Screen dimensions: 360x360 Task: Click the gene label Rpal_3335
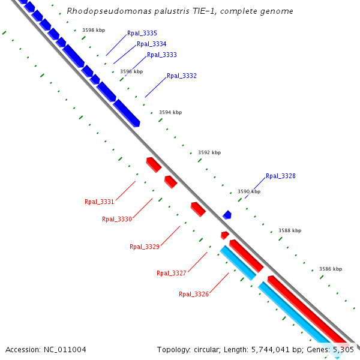pos(142,34)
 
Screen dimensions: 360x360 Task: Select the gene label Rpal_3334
pos(151,44)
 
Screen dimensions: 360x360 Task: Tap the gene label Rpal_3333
pos(161,55)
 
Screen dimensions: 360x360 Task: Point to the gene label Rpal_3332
pos(181,76)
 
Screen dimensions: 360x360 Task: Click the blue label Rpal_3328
pos(280,176)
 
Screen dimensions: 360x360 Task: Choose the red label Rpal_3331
pos(100,202)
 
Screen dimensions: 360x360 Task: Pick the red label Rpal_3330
pos(117,220)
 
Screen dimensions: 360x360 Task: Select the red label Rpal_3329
pos(145,247)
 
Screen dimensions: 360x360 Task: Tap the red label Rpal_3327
pos(172,274)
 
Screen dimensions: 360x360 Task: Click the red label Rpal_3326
pos(194,295)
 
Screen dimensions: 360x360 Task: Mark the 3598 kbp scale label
pos(94,30)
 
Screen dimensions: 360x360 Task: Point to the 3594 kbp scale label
pos(170,113)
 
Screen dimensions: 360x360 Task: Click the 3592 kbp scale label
pos(209,153)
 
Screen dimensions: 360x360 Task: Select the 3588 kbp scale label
pos(290,231)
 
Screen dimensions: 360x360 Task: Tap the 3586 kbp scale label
pos(331,269)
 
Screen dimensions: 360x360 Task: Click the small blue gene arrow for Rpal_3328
pos(227,214)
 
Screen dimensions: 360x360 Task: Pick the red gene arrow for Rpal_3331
pos(154,164)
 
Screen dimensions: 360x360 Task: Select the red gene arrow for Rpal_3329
pos(198,209)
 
